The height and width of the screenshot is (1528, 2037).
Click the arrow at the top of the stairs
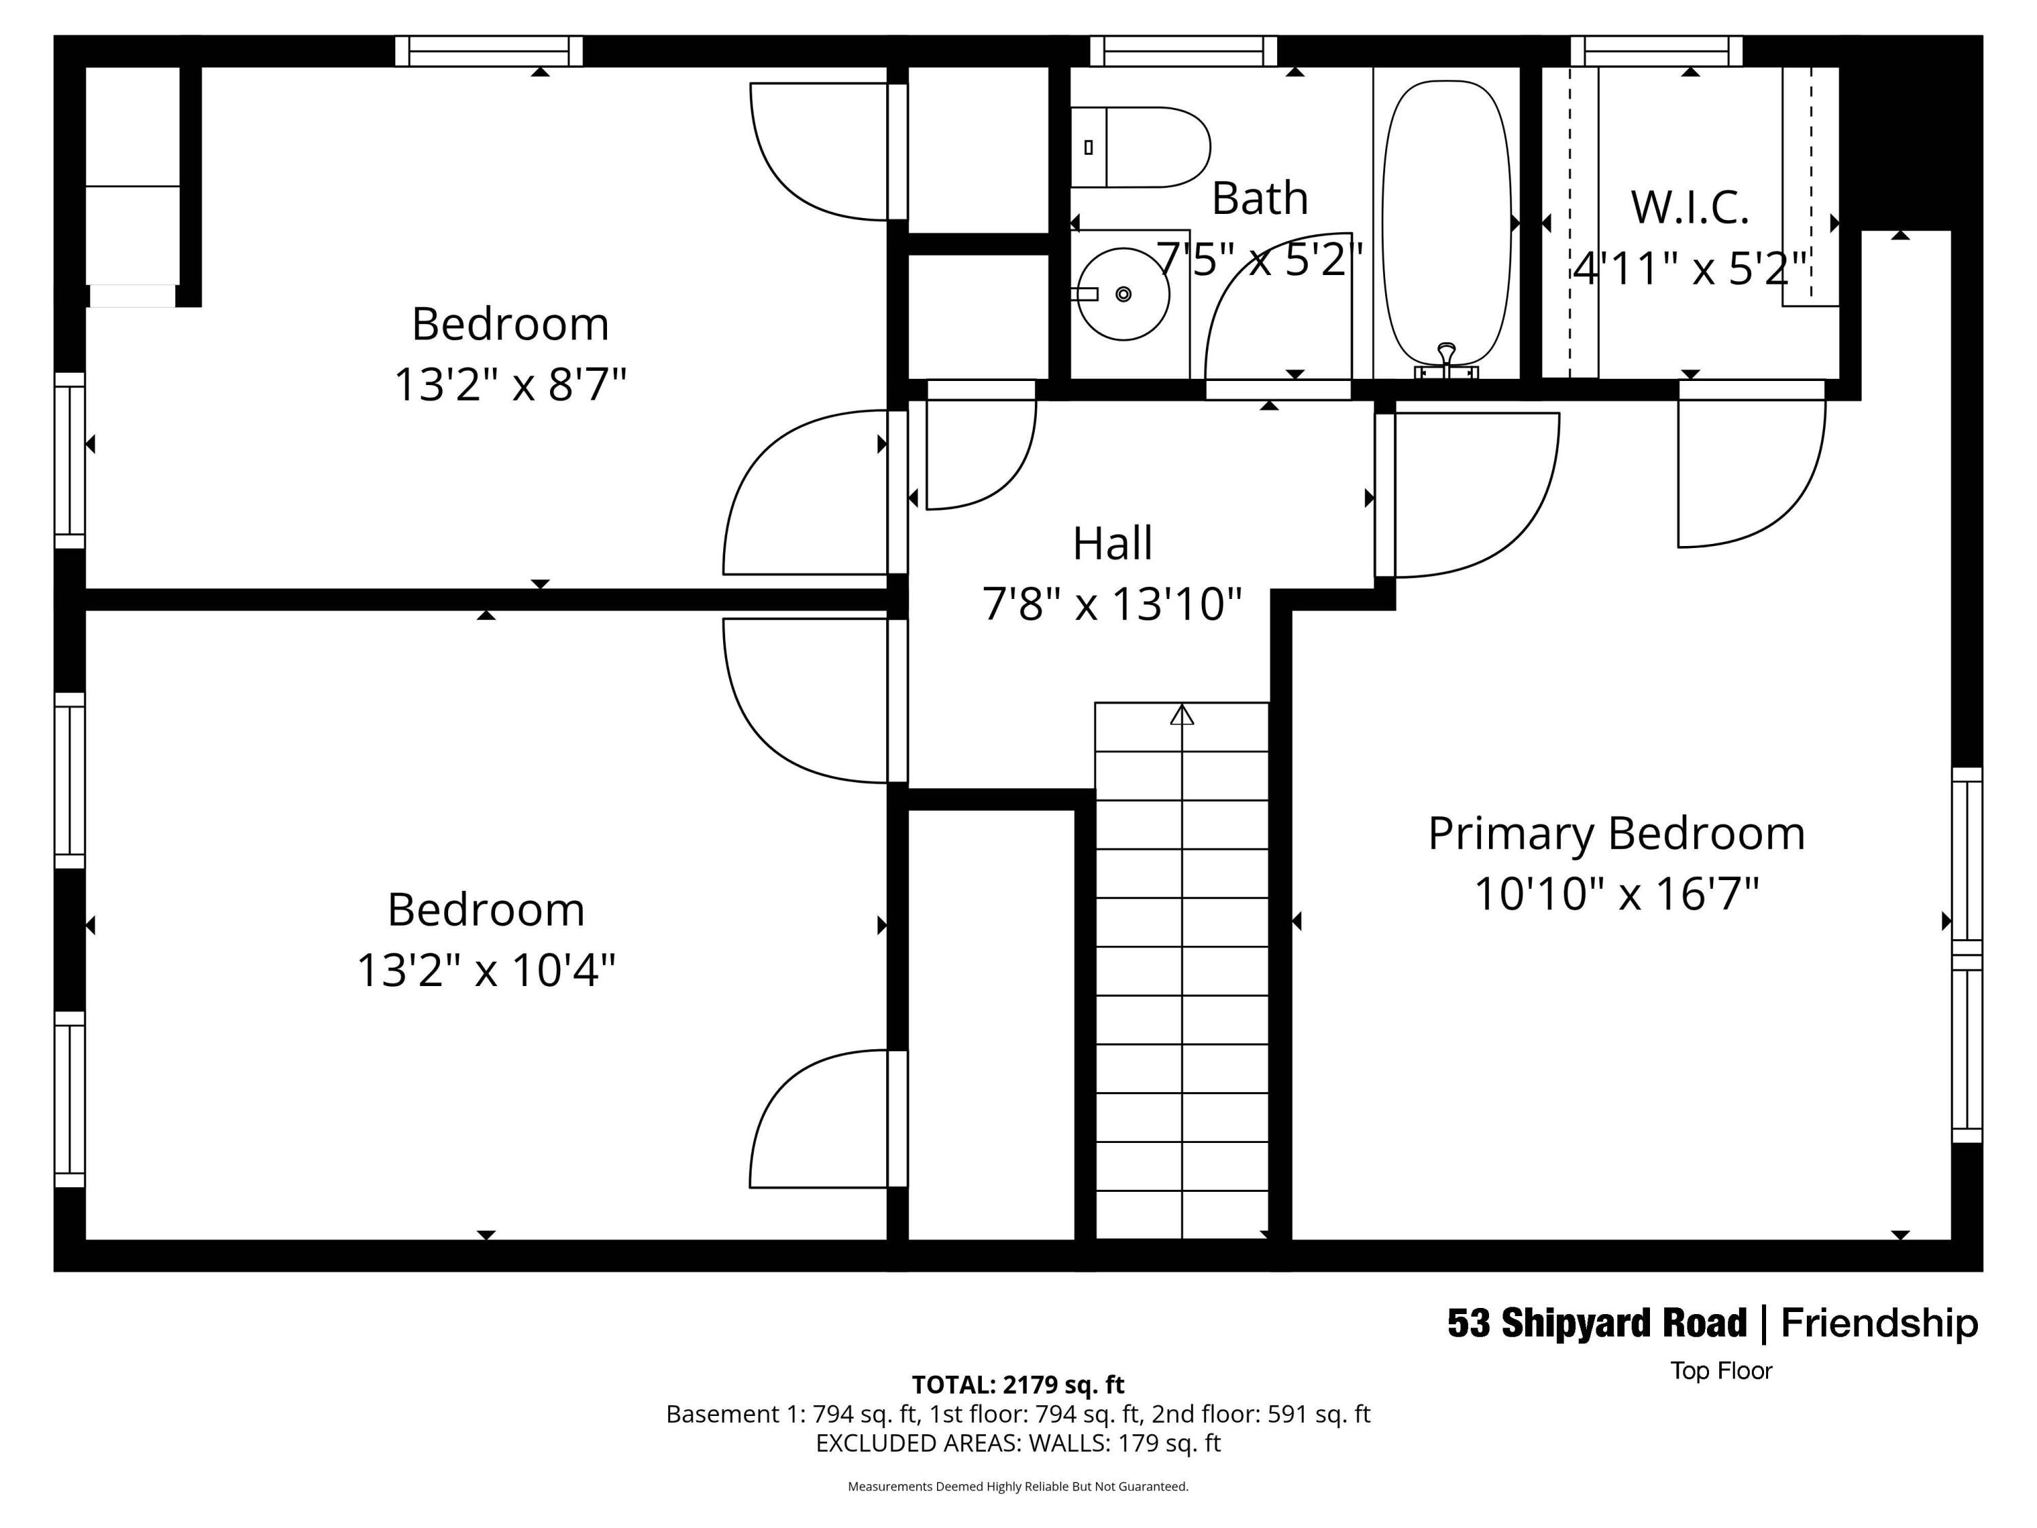coord(1181,714)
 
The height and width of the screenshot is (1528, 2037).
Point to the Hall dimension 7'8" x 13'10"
coord(1112,605)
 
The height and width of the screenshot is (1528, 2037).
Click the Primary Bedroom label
coord(1616,833)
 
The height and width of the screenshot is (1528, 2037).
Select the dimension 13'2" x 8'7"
coord(510,384)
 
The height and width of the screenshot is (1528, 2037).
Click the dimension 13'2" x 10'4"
coord(485,970)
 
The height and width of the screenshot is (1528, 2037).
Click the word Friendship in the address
coord(1879,1324)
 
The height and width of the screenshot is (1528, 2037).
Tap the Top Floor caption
coord(1721,1370)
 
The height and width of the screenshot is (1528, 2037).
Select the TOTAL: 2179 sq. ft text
coord(1018,1384)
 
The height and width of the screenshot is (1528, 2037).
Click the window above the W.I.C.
coord(1656,51)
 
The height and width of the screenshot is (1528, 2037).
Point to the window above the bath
coord(1183,51)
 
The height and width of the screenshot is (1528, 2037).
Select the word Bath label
coord(1259,199)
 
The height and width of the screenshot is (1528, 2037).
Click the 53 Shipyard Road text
coord(1597,1324)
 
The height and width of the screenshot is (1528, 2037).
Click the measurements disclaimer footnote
coord(1018,1487)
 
